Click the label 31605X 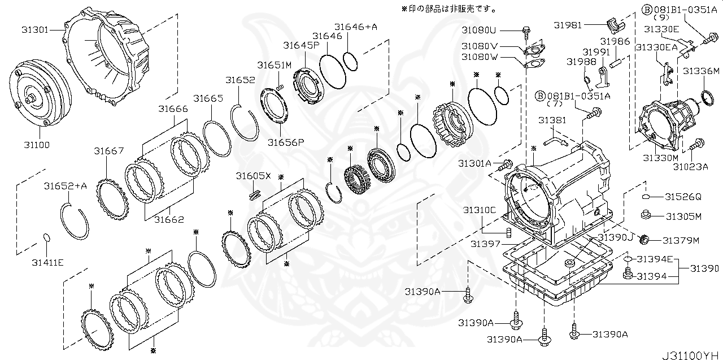point(254,176)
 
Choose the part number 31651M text point(275,65)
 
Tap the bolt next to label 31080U point(526,30)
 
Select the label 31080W point(479,57)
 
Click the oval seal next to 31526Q point(647,197)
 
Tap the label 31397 point(485,244)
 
